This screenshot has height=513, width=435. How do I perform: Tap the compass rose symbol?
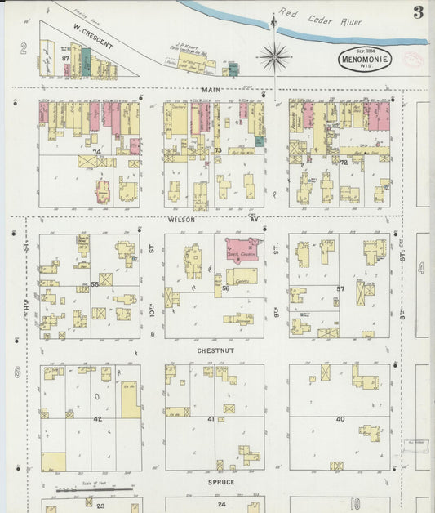[273, 56]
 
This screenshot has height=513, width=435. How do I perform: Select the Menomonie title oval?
[365, 59]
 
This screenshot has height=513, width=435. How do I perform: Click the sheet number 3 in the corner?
[418, 11]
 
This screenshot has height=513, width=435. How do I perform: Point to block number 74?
[95, 152]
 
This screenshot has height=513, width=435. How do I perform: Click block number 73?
[218, 151]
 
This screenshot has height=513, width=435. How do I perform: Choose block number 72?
[344, 163]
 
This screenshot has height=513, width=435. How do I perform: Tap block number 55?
[95, 283]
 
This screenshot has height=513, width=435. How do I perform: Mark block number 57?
[341, 289]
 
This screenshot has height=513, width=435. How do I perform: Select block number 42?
[96, 418]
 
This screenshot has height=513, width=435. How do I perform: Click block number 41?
[211, 418]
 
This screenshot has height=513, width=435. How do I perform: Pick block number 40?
[340, 419]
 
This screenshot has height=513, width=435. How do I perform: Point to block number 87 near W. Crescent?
[65, 59]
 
